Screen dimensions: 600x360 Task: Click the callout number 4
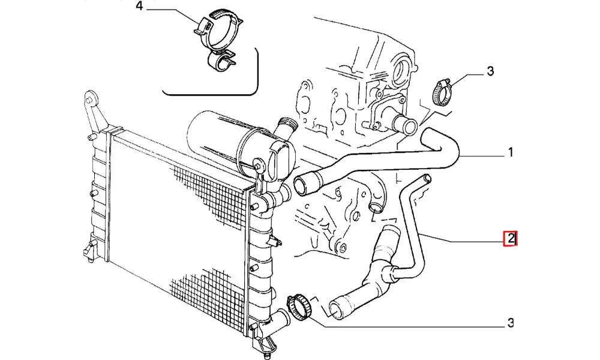click(x=139, y=6)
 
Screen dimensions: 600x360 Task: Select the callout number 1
click(x=511, y=152)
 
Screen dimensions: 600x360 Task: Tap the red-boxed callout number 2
click(x=511, y=239)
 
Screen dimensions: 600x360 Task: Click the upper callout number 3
click(x=490, y=71)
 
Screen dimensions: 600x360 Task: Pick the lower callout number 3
click(x=511, y=323)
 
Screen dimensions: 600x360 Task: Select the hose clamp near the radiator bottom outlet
click(x=300, y=305)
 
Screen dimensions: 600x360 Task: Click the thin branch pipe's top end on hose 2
click(x=426, y=179)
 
